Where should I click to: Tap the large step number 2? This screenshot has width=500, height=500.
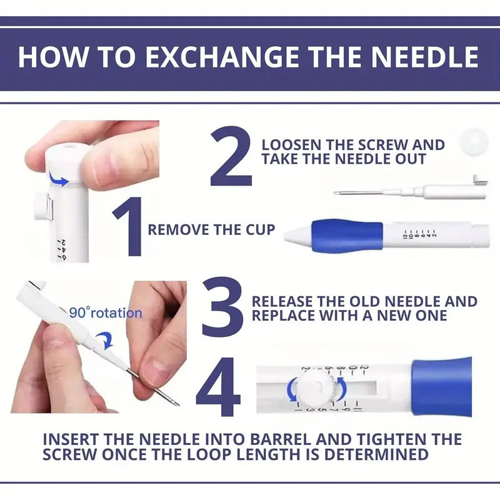coord(231,157)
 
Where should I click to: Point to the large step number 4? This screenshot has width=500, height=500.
coord(218,388)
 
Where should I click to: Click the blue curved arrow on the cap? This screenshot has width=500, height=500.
coord(61,181)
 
